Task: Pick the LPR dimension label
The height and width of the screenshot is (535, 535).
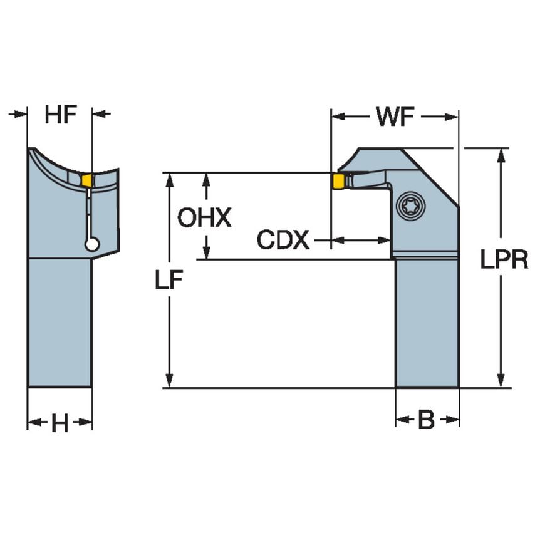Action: (x=504, y=259)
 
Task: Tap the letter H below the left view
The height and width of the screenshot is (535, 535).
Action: (x=60, y=423)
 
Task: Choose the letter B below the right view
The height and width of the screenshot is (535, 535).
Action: (x=426, y=421)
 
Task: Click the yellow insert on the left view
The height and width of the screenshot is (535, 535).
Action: (x=87, y=180)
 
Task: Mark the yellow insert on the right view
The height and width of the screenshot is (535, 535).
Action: (x=338, y=182)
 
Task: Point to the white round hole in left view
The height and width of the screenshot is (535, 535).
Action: (x=92, y=246)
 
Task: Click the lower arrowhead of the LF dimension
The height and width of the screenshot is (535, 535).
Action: (x=169, y=381)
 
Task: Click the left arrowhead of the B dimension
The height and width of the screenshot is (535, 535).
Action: (x=401, y=421)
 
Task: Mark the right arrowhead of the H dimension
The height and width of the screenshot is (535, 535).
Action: (x=86, y=423)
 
